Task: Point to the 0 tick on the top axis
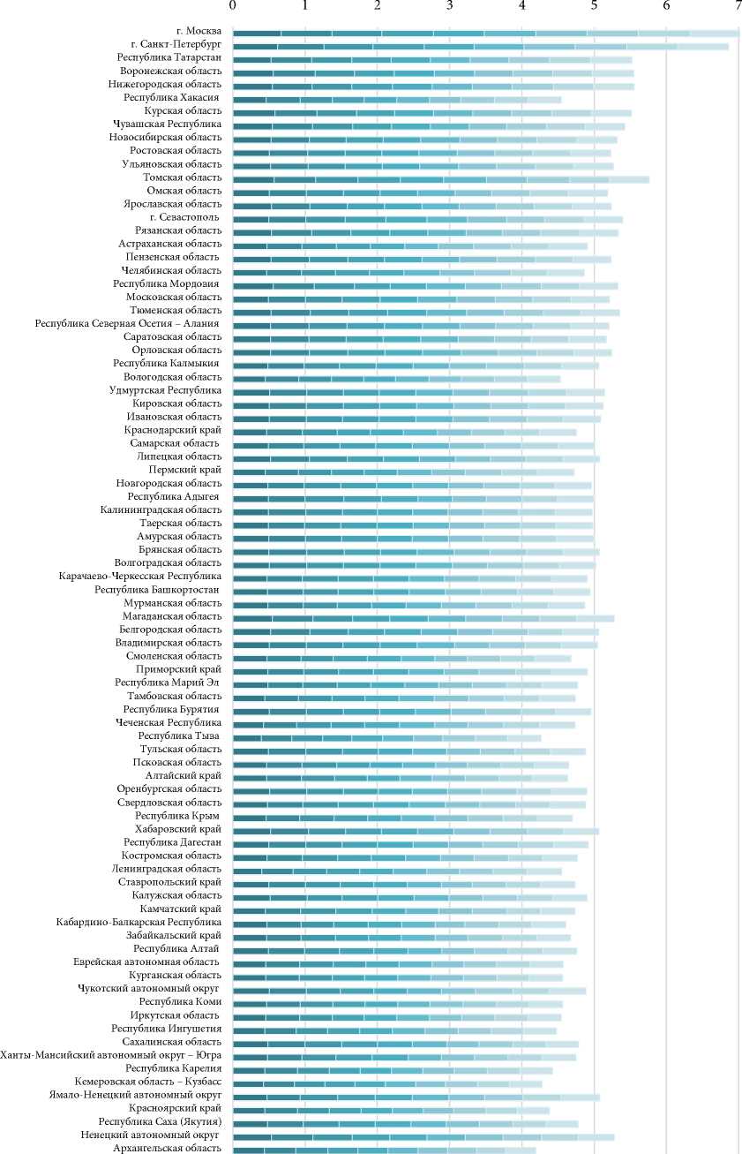(x=233, y=6)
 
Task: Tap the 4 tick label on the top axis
(x=522, y=6)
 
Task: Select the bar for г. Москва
(x=485, y=33)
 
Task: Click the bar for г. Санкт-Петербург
(x=481, y=46)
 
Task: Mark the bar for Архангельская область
(x=385, y=1150)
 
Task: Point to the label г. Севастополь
(x=185, y=217)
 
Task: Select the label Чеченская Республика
(x=168, y=723)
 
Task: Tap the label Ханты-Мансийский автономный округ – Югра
(x=111, y=1055)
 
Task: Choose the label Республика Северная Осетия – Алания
(x=129, y=324)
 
